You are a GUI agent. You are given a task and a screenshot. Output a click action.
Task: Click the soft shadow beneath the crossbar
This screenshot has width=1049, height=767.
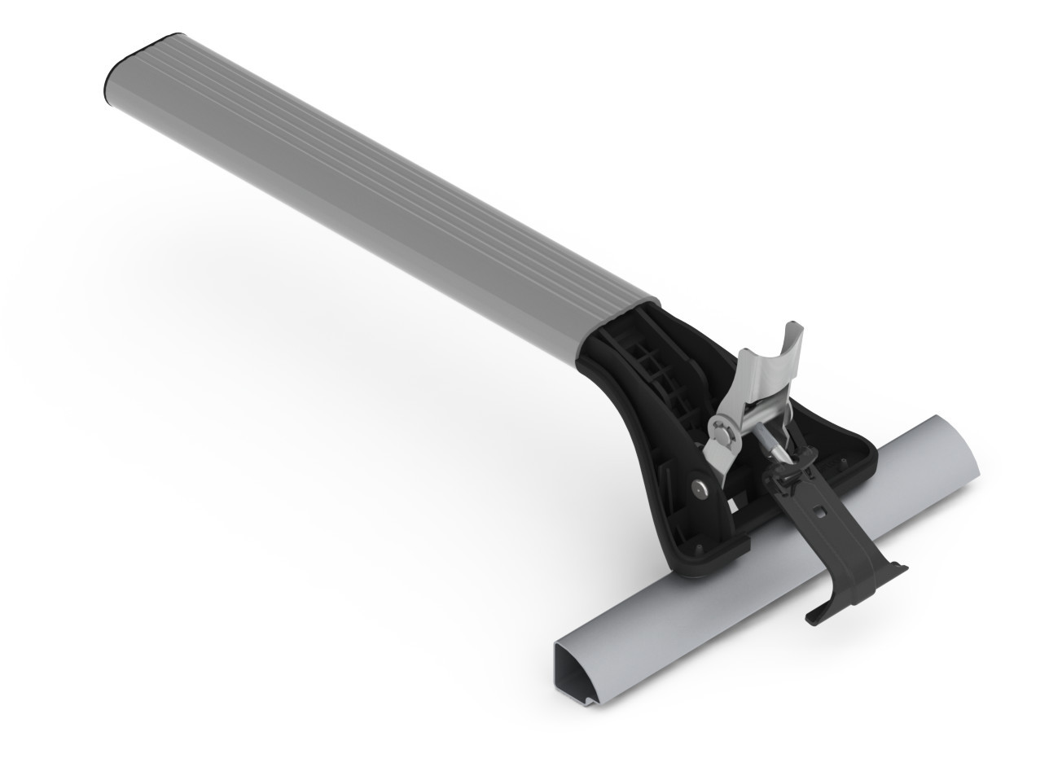(x=285, y=326)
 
